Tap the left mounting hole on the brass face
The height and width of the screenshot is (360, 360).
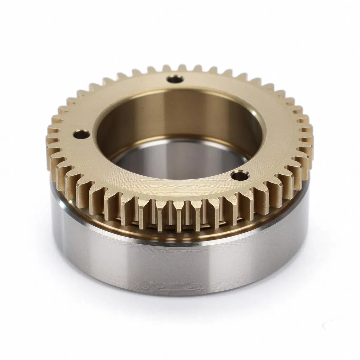click(x=81, y=134)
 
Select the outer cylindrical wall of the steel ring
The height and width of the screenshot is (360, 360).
click(x=176, y=267)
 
